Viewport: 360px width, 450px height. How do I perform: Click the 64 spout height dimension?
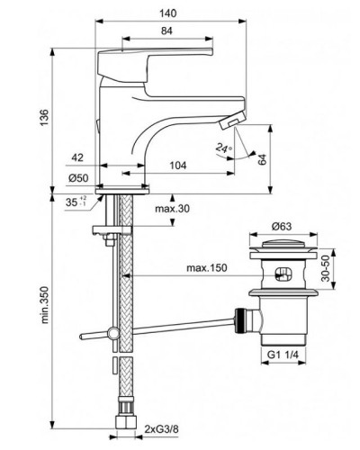click(x=262, y=158)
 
